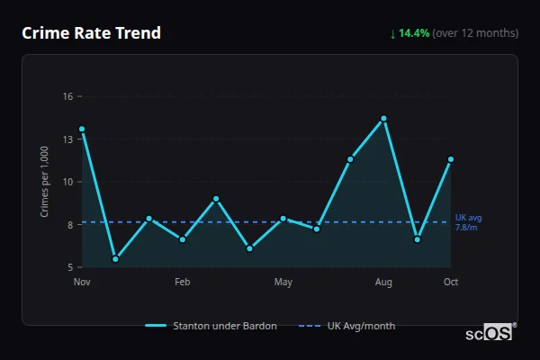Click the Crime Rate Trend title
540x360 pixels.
click(91, 33)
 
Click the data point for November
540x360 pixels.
click(82, 129)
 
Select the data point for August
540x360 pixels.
click(383, 119)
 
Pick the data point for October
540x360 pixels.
click(451, 159)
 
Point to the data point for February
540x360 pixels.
click(183, 239)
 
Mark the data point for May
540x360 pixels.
click(283, 219)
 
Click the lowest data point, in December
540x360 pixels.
click(115, 259)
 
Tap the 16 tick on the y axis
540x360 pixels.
click(67, 96)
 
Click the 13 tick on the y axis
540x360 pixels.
click(67, 139)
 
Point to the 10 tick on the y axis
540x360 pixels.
click(67, 182)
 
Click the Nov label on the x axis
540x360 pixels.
click(82, 283)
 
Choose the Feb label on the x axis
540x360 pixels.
click(183, 283)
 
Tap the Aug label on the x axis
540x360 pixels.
click(383, 283)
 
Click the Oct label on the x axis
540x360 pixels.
click(451, 283)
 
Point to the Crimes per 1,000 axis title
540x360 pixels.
click(45, 182)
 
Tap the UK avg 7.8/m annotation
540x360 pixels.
click(468, 222)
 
